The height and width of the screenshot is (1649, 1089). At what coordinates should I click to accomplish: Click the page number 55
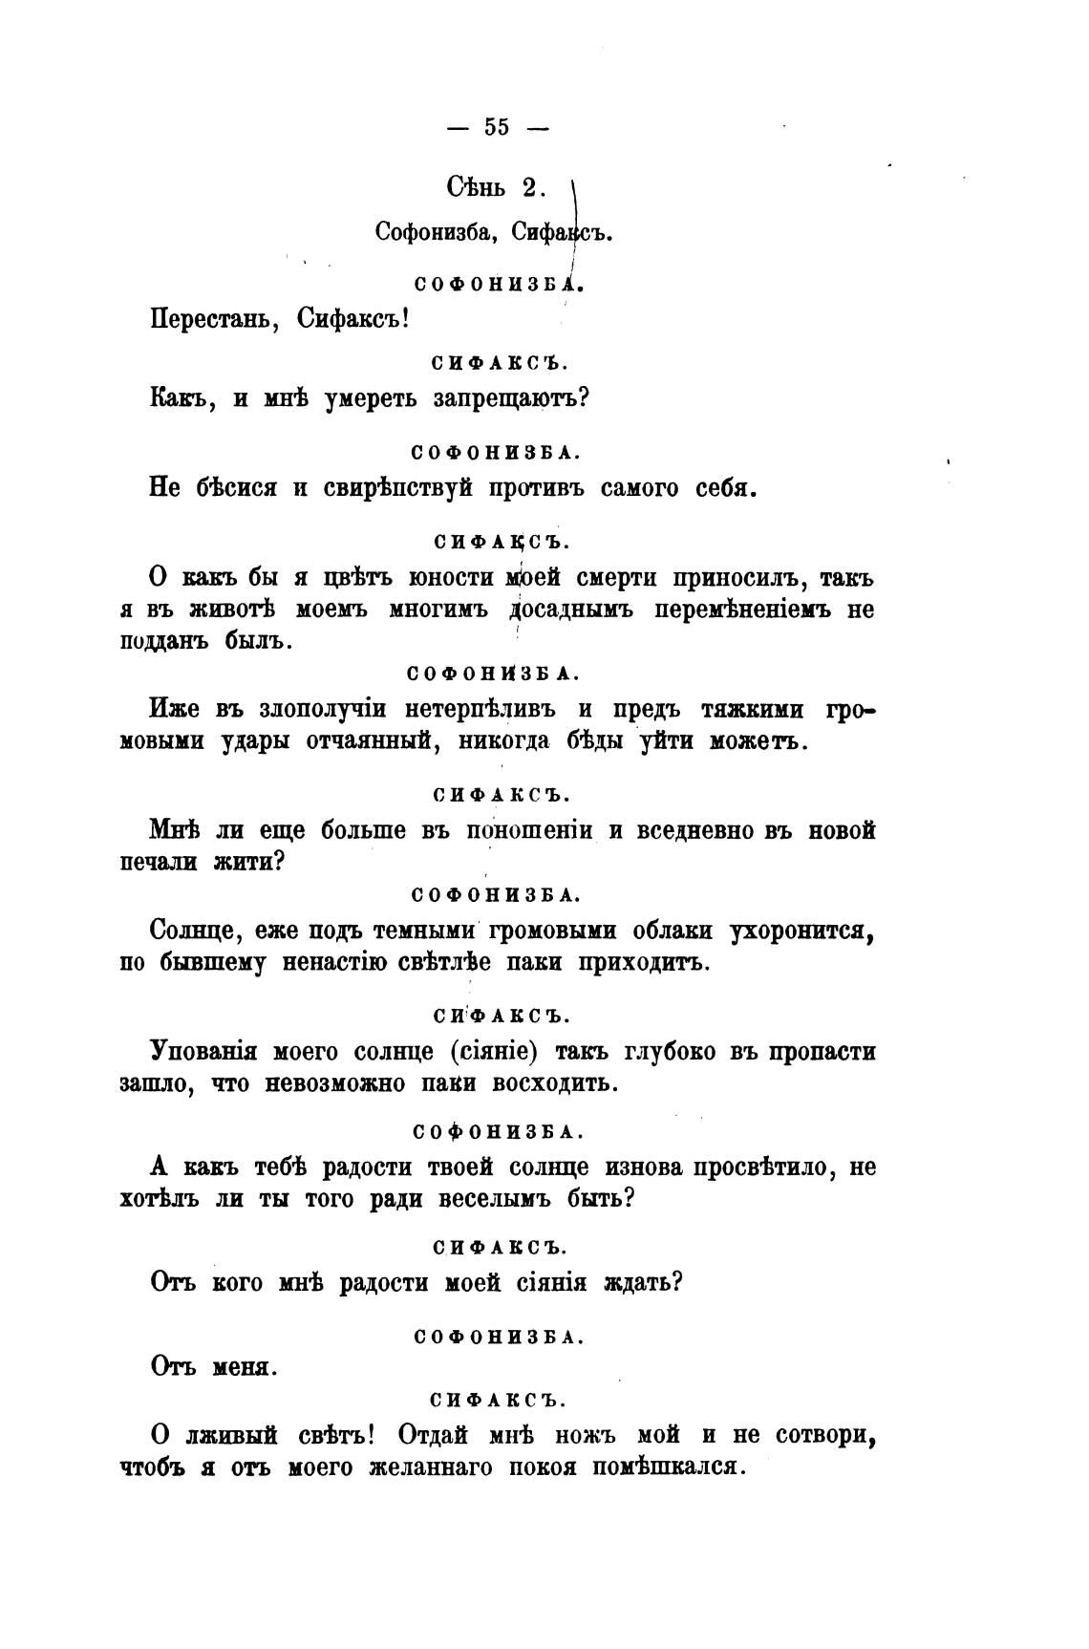497,127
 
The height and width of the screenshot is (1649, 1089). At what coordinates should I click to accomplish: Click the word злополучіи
322,709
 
